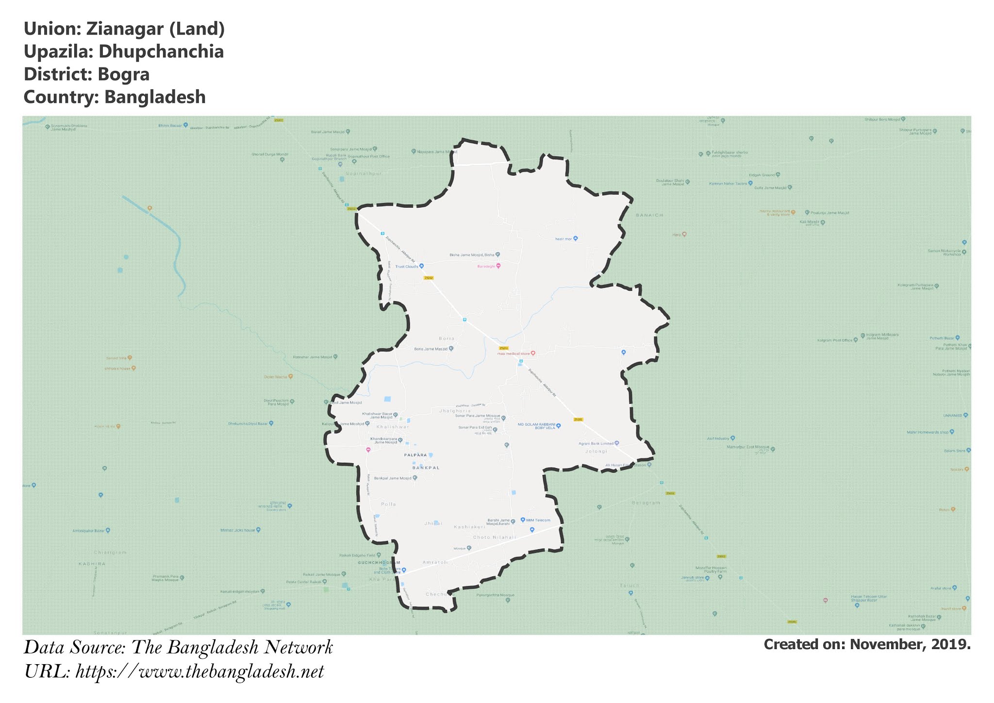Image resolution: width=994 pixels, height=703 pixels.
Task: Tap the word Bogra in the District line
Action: click(x=123, y=74)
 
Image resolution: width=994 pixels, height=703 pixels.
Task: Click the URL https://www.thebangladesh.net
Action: click(x=199, y=672)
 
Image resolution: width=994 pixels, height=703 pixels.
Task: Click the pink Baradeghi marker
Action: click(x=498, y=266)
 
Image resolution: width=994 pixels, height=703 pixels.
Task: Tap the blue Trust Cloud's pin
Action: click(x=421, y=266)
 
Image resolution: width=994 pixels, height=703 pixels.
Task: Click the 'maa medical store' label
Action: click(x=513, y=353)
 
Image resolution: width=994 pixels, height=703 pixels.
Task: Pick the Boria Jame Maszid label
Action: click(x=431, y=349)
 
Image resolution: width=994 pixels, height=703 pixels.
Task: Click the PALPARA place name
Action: click(x=415, y=455)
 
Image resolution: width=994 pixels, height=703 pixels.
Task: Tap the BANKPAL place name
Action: click(x=426, y=468)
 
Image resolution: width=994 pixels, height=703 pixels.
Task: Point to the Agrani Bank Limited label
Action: click(x=596, y=443)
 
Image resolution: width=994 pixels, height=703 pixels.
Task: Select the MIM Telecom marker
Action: click(x=523, y=519)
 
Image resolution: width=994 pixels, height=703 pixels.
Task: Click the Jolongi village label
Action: click(x=596, y=452)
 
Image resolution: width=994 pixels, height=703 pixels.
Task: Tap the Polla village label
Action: click(x=388, y=504)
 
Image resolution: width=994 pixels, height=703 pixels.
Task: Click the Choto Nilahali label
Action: click(x=495, y=537)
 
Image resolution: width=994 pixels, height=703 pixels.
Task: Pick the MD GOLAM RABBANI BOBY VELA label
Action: click(x=535, y=426)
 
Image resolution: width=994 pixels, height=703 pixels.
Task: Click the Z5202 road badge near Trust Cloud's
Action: click(x=428, y=278)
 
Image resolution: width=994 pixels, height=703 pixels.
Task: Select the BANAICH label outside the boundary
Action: click(x=649, y=215)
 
